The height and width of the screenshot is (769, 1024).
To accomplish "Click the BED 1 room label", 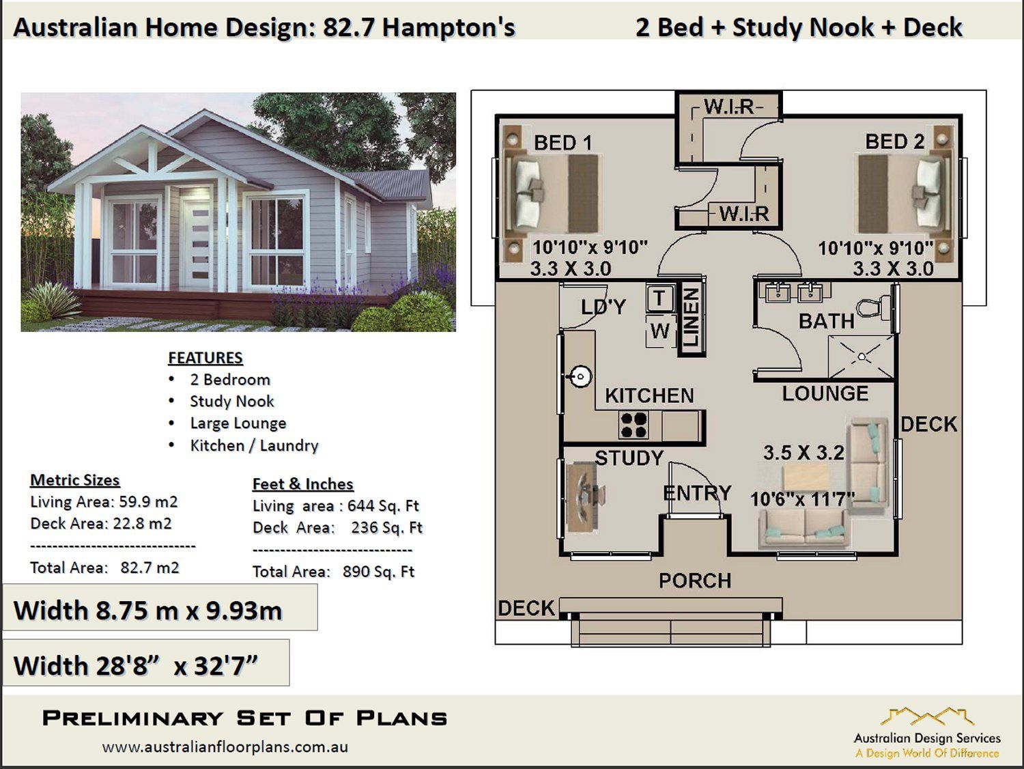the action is (563, 142).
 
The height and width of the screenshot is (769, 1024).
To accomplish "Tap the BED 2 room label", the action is (895, 141).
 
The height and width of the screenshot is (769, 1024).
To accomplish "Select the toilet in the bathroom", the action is (873, 308).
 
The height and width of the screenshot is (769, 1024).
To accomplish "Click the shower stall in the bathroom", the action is (861, 356).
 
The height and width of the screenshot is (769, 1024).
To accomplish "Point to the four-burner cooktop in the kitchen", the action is (634, 425).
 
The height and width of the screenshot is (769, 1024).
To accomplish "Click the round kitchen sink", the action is (580, 376).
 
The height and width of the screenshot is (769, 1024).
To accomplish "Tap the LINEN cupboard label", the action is (691, 317).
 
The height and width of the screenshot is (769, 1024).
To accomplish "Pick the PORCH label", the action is (695, 581).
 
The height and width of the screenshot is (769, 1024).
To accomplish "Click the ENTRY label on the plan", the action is (697, 493).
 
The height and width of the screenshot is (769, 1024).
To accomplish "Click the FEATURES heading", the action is (205, 358).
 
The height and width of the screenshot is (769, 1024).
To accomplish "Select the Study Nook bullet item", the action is (232, 402).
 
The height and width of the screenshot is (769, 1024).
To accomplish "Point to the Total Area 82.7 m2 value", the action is (150, 568).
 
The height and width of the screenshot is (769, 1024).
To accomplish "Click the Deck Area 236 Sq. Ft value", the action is (387, 528).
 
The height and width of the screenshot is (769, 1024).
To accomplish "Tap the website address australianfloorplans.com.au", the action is (225, 747).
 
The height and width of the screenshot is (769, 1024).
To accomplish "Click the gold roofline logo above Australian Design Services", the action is (926, 716).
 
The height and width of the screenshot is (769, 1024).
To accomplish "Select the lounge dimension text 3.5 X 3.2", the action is (803, 453).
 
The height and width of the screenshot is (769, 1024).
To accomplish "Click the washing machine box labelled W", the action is (659, 331).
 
